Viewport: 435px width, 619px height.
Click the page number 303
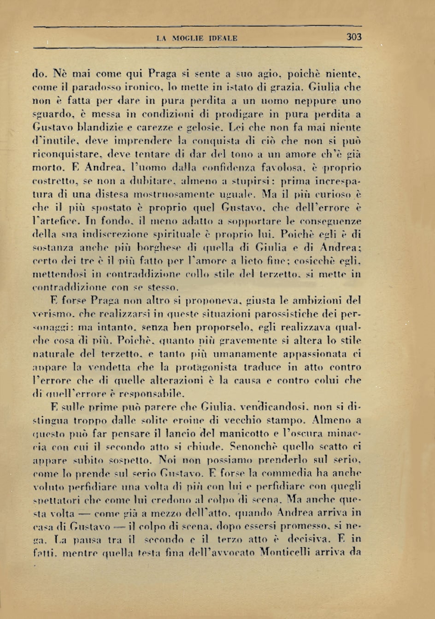pos(354,37)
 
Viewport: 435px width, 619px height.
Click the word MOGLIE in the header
pos(186,39)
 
